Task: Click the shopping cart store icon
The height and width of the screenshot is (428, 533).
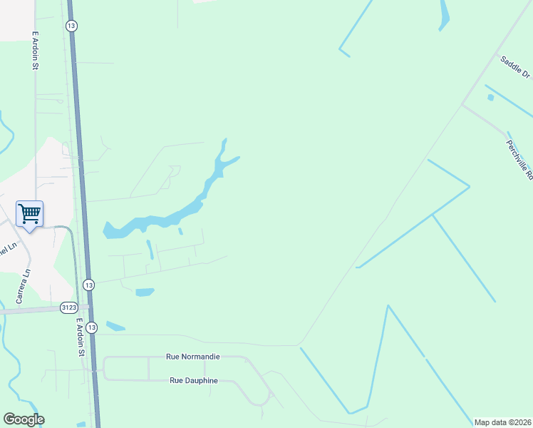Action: (x=29, y=213)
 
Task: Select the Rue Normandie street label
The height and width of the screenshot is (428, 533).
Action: (x=192, y=356)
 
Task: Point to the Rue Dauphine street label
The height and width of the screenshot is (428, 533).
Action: (x=193, y=380)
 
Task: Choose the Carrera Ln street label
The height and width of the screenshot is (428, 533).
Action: (x=24, y=285)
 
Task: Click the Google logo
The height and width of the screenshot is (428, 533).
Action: (x=24, y=419)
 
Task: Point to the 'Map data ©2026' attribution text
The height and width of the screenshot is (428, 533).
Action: (x=502, y=422)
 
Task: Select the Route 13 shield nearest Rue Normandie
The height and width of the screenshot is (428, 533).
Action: (x=91, y=327)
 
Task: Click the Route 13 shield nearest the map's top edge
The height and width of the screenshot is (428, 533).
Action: (x=71, y=26)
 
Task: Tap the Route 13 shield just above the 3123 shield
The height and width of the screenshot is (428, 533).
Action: (x=88, y=284)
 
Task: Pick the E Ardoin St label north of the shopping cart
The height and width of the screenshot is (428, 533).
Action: (x=34, y=50)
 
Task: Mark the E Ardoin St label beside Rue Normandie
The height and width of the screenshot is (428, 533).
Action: (x=81, y=337)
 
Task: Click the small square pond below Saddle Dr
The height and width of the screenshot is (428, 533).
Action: (x=490, y=96)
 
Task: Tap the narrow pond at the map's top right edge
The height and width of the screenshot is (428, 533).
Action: (x=445, y=14)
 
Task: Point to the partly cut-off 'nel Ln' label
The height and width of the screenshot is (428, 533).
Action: (x=6, y=250)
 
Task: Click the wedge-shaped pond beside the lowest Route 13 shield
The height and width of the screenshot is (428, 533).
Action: (x=114, y=326)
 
